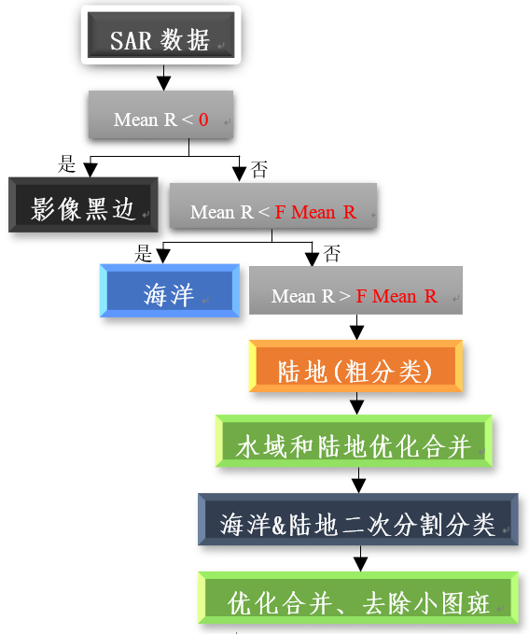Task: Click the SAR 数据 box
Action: (160, 35)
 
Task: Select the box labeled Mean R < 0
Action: (160, 115)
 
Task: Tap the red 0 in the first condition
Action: (203, 120)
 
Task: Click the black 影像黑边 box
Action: (83, 204)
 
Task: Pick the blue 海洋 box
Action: (170, 290)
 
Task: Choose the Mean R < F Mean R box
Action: (273, 205)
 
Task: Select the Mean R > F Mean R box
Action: (355, 290)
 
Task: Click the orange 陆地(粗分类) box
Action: (355, 366)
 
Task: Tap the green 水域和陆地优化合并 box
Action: (354, 441)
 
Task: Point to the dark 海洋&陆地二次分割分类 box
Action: (358, 519)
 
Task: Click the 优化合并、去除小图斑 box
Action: (358, 598)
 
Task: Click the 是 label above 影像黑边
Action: (66, 163)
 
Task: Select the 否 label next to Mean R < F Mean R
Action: (259, 169)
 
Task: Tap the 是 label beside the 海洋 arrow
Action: (143, 254)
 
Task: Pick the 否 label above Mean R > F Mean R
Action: (332, 254)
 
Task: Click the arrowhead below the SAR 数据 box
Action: (163, 83)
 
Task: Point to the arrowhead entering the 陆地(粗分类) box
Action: (356, 332)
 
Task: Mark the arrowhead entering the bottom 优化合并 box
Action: (360, 565)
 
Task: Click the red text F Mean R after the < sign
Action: (315, 212)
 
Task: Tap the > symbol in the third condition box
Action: (344, 296)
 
